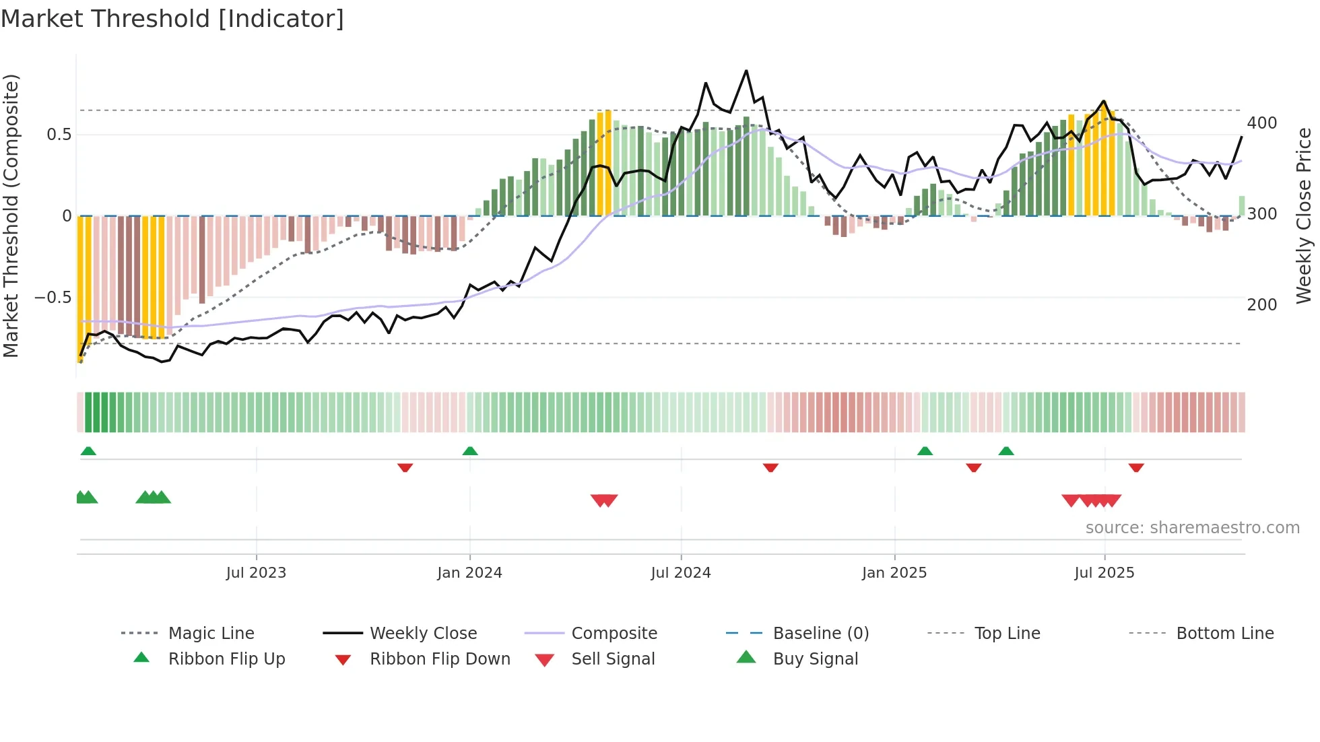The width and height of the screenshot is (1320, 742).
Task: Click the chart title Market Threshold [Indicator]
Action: (172, 19)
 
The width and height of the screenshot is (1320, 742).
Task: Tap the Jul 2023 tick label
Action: (256, 573)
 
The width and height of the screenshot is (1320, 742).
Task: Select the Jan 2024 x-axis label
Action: (469, 573)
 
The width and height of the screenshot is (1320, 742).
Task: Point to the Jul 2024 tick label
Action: (680, 573)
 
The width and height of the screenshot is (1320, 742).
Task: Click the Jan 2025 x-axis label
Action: (894, 573)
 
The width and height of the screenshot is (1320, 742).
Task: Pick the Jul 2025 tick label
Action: (1104, 573)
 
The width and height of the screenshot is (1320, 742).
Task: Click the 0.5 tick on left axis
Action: (59, 135)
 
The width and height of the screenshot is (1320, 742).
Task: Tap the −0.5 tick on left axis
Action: (53, 298)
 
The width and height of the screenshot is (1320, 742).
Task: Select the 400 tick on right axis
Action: (1261, 123)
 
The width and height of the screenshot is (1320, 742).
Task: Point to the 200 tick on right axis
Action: (1261, 305)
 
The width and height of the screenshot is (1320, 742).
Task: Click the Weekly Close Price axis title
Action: (1304, 215)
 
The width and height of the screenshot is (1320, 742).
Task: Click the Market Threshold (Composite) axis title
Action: (11, 215)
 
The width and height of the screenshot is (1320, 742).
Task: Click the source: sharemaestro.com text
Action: (1192, 528)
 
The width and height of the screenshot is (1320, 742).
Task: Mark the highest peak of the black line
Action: (746, 71)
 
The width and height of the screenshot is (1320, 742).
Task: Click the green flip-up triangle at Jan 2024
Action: (470, 451)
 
